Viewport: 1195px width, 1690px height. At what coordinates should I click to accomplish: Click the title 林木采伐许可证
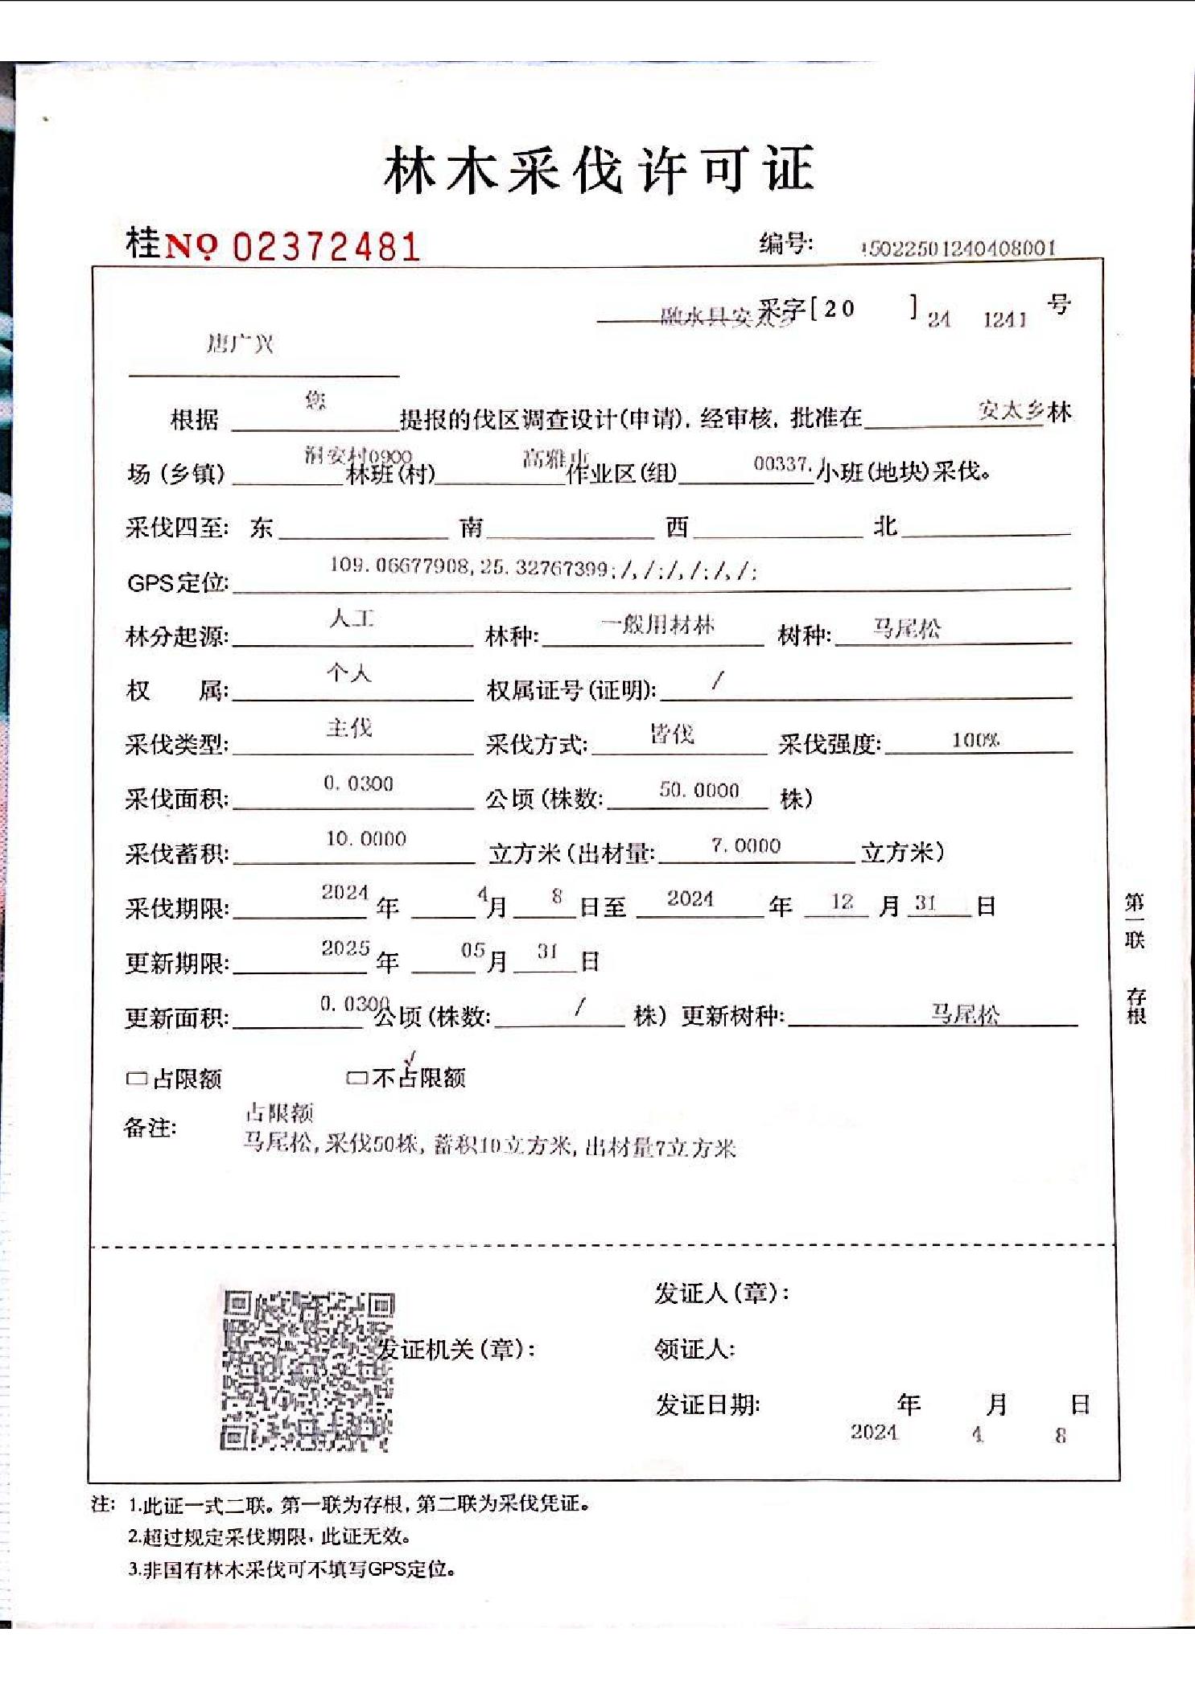click(x=599, y=169)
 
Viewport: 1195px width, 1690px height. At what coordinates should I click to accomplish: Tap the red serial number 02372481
click(x=326, y=246)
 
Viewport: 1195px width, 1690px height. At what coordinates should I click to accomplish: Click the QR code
click(x=307, y=1370)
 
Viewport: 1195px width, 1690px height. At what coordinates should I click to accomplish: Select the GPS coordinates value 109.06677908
click(x=400, y=565)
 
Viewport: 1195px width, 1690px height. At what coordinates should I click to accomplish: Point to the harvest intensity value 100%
click(x=975, y=740)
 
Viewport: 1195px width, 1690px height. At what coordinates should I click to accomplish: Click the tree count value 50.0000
click(x=698, y=791)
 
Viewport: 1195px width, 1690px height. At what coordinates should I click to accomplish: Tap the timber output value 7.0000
click(x=746, y=845)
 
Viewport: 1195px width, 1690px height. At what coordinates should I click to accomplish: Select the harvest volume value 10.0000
click(x=365, y=838)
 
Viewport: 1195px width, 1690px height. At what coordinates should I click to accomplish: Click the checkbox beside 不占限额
click(x=356, y=1078)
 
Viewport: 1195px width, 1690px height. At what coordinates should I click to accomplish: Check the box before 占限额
click(x=137, y=1079)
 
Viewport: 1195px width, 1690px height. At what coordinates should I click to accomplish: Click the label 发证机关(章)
click(x=457, y=1349)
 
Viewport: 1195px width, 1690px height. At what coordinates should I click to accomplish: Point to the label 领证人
click(x=694, y=1349)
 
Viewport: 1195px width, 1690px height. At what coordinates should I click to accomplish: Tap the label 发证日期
click(x=707, y=1405)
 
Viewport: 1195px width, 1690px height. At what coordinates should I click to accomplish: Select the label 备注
click(x=150, y=1128)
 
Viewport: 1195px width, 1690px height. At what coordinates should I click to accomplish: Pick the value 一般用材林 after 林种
click(x=657, y=624)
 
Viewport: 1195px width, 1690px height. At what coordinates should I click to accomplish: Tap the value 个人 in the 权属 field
click(x=348, y=673)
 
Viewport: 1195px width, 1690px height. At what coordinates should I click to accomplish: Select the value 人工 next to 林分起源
click(x=352, y=619)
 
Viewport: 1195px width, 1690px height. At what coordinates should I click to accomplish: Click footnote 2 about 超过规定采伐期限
click(x=270, y=1536)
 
